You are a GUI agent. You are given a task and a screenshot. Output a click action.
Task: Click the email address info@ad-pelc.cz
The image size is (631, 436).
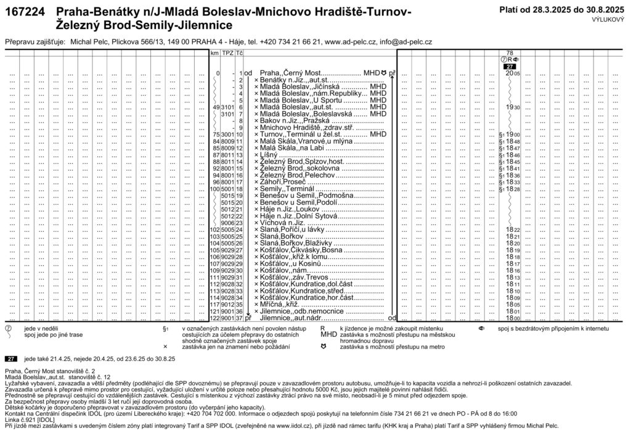tap(398, 41)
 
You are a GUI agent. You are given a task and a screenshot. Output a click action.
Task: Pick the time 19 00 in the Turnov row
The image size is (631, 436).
tap(513, 134)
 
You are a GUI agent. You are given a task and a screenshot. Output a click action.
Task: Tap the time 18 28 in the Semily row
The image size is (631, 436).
tap(513, 189)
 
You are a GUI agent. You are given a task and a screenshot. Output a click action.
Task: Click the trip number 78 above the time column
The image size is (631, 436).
tap(510, 53)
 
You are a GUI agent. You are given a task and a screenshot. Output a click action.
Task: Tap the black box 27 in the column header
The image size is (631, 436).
tap(510, 67)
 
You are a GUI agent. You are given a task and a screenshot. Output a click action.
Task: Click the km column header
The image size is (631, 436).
tap(214, 53)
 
